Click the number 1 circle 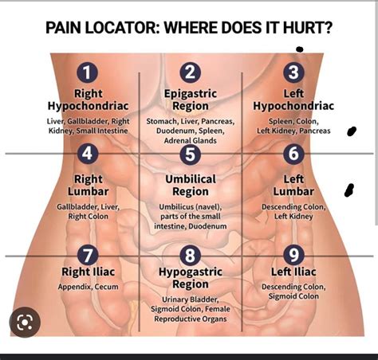(88, 73)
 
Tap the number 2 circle (190, 73)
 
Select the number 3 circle (294, 73)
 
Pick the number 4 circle (88, 154)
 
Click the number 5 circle (190, 154)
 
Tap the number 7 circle (88, 256)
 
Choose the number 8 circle (190, 256)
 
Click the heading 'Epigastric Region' (190, 100)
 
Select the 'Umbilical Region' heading (190, 186)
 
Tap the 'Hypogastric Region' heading (190, 278)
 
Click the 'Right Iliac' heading (88, 272)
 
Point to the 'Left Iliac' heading (293, 272)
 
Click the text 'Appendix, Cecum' (88, 287)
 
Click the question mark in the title (329, 29)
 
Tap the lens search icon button (24, 323)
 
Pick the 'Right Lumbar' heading (88, 186)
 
